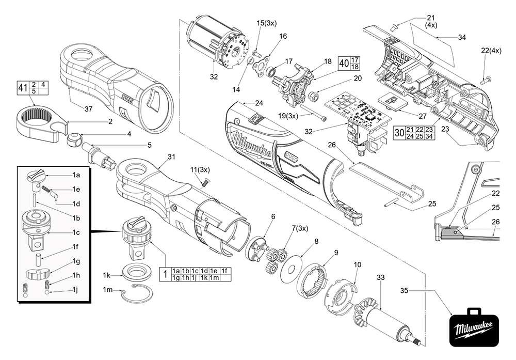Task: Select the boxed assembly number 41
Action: point(22,88)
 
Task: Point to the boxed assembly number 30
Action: point(399,132)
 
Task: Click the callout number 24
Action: point(259,102)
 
